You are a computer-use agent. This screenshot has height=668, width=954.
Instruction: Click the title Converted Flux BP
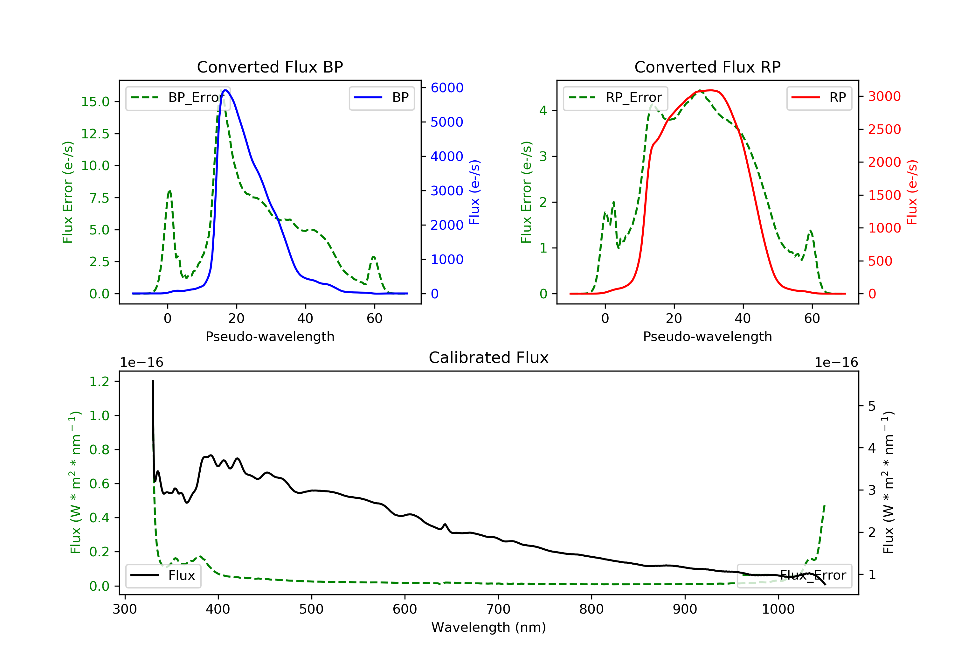point(270,67)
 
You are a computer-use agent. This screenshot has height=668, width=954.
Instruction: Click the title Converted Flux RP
point(708,67)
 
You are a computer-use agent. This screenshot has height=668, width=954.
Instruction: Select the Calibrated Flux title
point(489,358)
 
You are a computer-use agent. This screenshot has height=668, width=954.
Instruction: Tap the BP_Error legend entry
point(178,98)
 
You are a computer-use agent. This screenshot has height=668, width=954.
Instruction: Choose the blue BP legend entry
point(381,98)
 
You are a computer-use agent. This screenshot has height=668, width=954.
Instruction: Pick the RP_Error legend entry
point(615,98)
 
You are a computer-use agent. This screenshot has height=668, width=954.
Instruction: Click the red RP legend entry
point(819,98)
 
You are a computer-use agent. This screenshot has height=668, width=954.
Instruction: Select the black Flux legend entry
point(163,575)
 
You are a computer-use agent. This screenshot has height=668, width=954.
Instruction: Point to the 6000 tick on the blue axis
point(447,88)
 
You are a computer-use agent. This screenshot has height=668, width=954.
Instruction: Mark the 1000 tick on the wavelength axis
point(778,609)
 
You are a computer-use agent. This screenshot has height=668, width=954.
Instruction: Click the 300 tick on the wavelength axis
point(125,609)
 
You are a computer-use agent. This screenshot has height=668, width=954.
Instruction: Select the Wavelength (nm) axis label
point(489,627)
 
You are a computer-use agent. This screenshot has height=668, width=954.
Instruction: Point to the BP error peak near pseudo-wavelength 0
point(169,191)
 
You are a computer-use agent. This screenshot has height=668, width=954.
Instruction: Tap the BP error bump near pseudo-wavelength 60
point(374,257)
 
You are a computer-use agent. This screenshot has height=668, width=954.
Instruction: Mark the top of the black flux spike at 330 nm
point(153,381)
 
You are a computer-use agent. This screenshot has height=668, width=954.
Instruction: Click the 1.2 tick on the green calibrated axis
point(99,382)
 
